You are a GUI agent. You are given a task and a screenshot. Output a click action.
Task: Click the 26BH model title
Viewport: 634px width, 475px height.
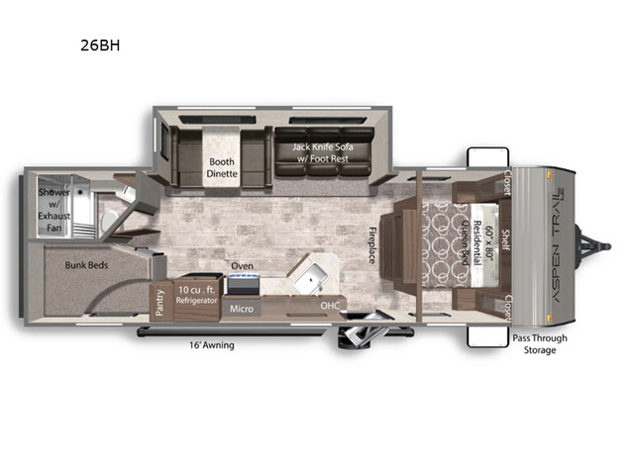tap(102, 45)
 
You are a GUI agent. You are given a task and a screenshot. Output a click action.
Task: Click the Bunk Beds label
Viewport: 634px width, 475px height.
tap(86, 265)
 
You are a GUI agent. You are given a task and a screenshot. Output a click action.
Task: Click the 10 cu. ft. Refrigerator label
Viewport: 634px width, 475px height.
tap(196, 294)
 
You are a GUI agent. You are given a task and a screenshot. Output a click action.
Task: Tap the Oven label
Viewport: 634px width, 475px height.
tap(242, 266)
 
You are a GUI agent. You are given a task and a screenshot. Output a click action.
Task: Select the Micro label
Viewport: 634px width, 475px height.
tap(242, 309)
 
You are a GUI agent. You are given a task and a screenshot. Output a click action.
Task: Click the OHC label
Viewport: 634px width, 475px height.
tap(330, 306)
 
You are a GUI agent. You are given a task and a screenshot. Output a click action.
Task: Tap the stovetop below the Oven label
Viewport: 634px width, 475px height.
tap(243, 285)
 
